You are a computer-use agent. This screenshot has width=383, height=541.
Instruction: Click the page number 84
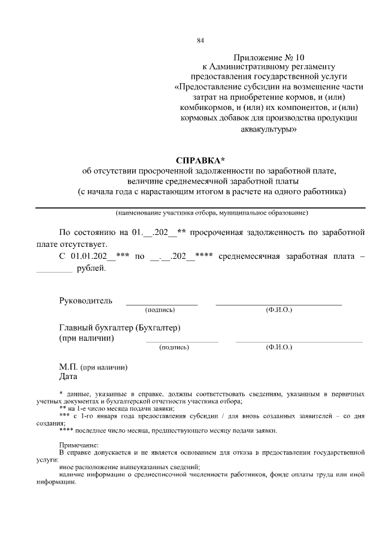pyautogui.click(x=200, y=41)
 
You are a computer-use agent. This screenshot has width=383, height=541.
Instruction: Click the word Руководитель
pyautogui.click(x=86, y=300)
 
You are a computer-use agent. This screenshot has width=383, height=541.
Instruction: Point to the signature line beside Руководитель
pyautogui.click(x=161, y=304)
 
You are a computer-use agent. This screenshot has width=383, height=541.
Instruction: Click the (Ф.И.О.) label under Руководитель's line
pyautogui.click(x=278, y=310)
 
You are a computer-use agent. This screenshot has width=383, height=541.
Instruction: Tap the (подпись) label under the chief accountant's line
pyautogui.click(x=174, y=347)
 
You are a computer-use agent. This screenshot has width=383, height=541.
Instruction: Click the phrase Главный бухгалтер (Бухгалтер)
pyautogui.click(x=120, y=328)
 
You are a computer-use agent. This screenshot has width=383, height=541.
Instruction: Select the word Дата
pyautogui.click(x=68, y=377)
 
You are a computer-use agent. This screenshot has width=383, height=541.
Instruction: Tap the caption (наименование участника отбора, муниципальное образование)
pyautogui.click(x=212, y=213)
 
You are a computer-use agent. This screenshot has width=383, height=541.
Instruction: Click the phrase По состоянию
pyautogui.click(x=87, y=232)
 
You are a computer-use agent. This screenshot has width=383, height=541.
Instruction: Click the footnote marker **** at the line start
pyautogui.click(x=68, y=430)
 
